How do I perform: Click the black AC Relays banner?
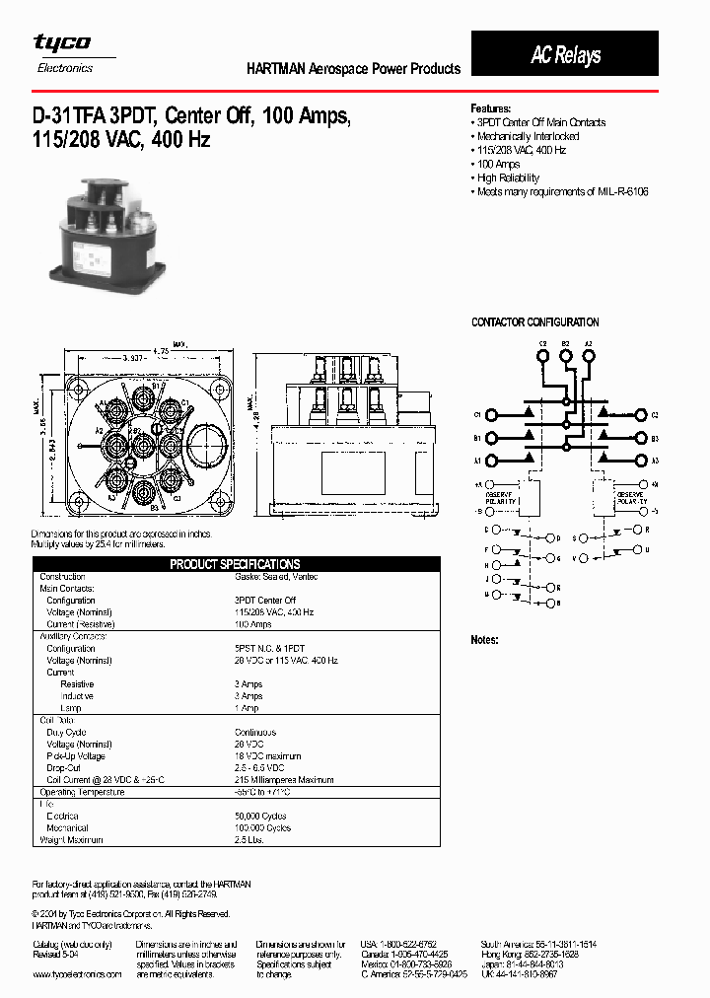tap(565, 54)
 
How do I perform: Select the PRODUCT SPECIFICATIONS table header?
tap(235, 564)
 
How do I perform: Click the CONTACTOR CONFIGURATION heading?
tap(534, 322)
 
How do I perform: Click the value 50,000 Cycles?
tap(262, 816)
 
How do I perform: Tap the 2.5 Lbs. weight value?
tap(248, 840)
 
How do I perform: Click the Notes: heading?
tap(485, 640)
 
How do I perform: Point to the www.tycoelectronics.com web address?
tap(77, 973)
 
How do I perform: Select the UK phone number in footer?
tap(519, 973)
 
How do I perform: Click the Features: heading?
tap(491, 108)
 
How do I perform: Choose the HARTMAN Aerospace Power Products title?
tap(353, 69)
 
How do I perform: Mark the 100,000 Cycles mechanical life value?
tap(264, 827)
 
